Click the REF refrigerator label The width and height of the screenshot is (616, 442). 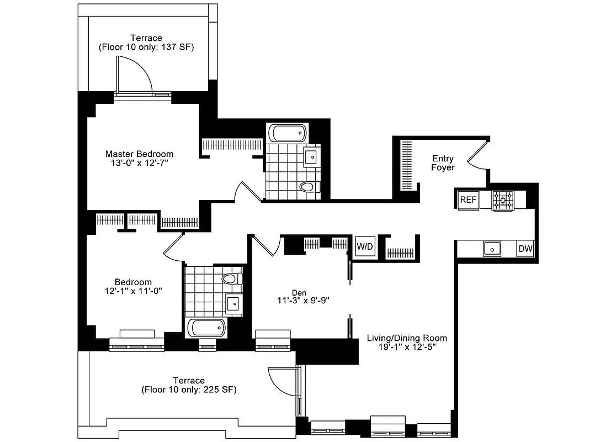469,199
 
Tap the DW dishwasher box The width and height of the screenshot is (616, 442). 525,249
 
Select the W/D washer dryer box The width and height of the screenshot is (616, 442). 364,246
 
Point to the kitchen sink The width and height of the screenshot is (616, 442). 492,249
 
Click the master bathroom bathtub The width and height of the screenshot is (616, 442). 287,133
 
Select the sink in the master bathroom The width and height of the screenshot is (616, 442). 311,157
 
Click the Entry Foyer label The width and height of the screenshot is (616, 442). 443,163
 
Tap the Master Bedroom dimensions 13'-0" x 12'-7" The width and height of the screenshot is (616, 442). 139,164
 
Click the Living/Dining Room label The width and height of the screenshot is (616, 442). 407,338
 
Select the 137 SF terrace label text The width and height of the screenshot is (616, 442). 146,48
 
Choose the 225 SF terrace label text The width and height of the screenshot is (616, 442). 189,390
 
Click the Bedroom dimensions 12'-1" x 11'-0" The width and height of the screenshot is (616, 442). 133,290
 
